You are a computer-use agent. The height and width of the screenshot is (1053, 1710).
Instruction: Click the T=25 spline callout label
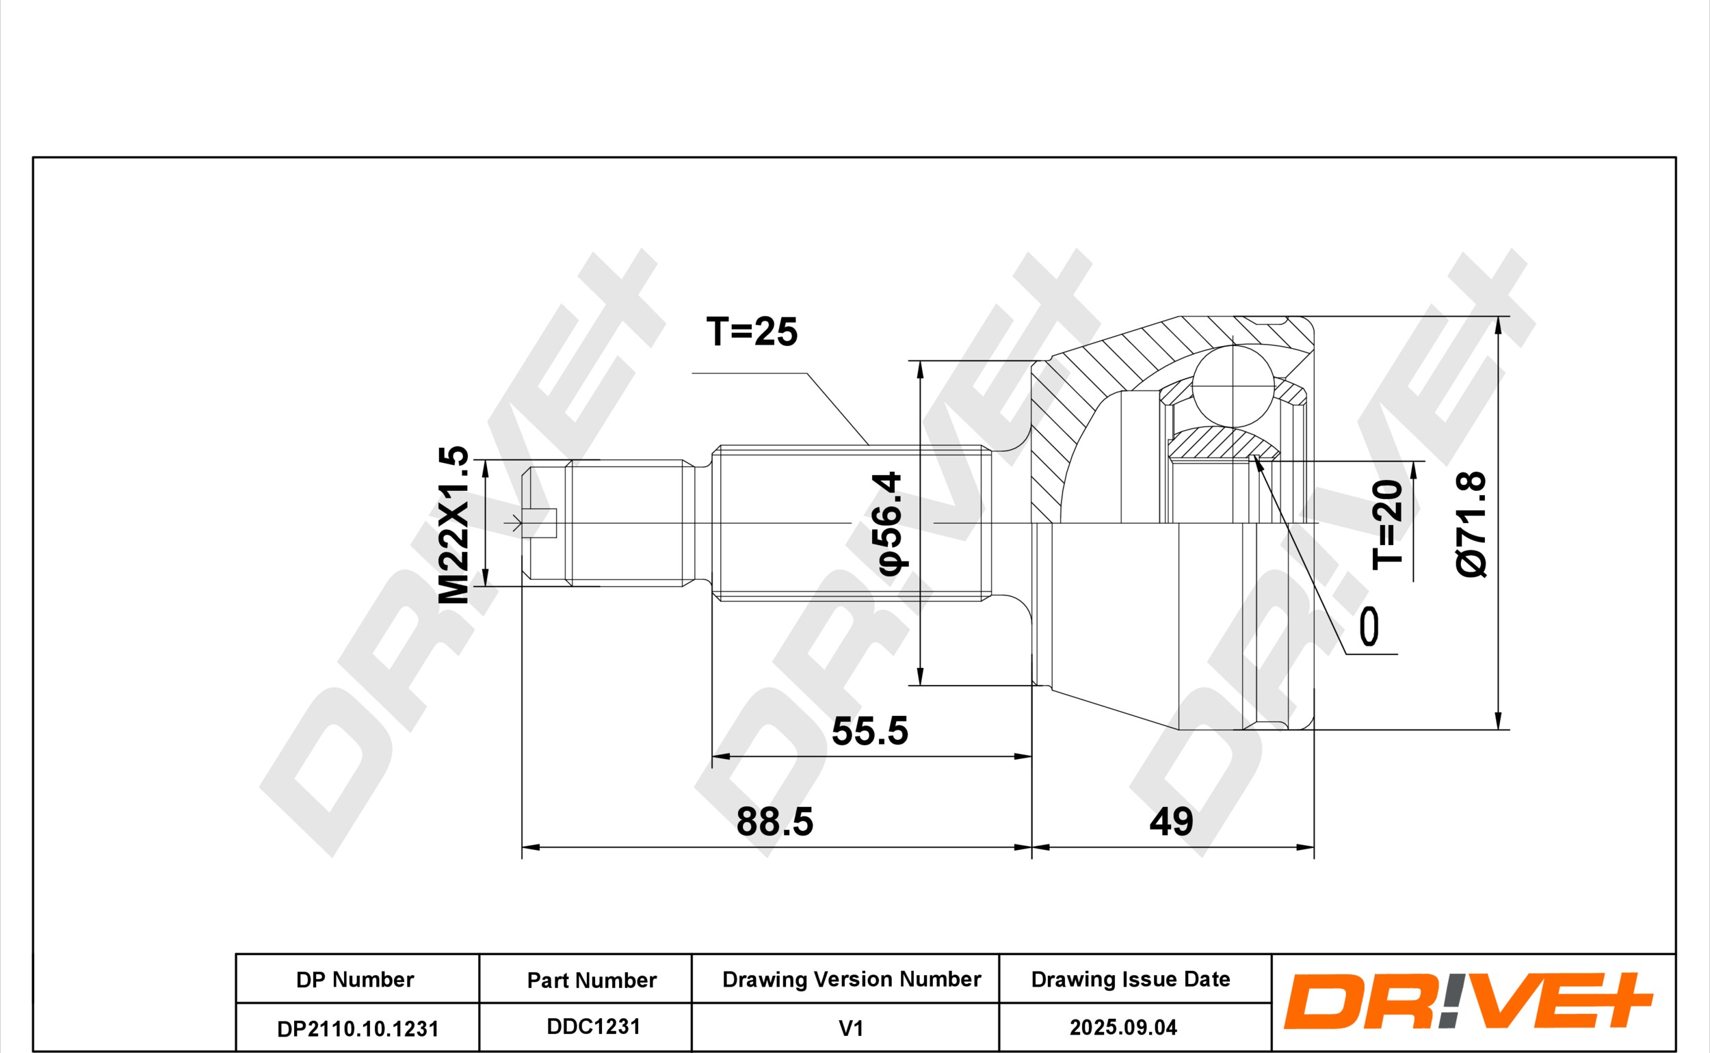[x=752, y=332]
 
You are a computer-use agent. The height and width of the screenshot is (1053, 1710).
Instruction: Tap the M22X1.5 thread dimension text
[x=453, y=525]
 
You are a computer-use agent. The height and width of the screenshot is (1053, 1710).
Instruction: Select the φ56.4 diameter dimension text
[x=889, y=523]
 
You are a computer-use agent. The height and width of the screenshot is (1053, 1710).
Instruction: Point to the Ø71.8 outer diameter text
[x=1471, y=524]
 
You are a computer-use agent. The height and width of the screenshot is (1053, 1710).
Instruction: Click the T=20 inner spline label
[x=1386, y=524]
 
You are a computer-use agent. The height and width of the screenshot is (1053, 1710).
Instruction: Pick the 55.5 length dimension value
[x=870, y=731]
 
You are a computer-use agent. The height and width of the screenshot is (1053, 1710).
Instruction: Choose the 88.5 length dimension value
[x=774, y=822]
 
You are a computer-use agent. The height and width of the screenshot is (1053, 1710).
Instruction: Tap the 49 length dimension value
[x=1171, y=822]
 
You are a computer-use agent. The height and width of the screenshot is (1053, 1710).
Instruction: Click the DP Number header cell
[x=355, y=979]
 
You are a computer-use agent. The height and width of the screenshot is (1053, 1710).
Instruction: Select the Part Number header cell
[x=592, y=980]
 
